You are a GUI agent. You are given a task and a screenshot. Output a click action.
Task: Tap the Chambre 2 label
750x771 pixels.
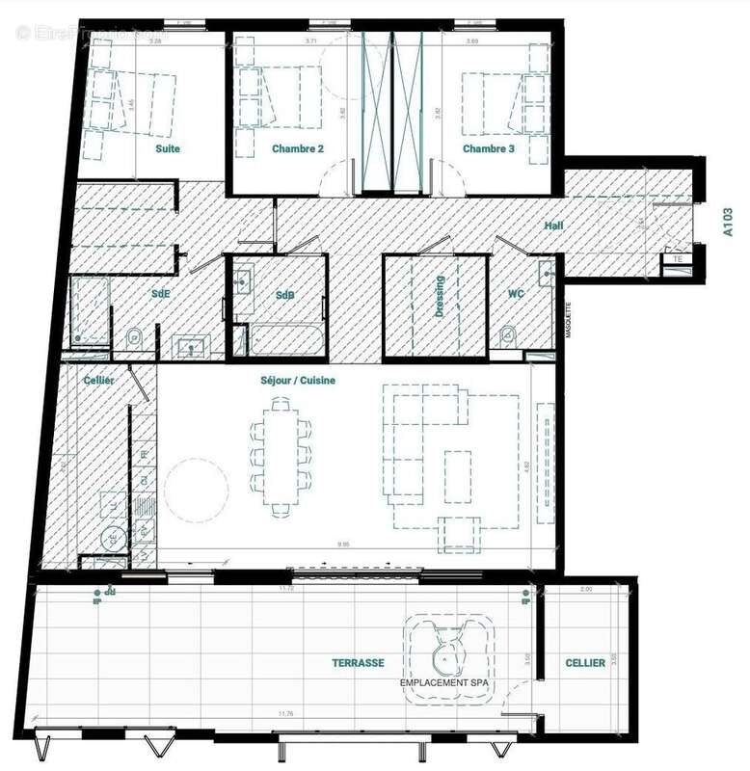(297, 149)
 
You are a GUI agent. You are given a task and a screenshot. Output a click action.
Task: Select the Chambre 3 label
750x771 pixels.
(489, 149)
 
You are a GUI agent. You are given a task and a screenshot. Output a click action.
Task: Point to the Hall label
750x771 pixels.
(553, 225)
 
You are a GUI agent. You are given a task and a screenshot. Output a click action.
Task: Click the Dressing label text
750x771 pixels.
(440, 298)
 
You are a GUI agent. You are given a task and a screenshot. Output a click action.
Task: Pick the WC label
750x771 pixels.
(516, 293)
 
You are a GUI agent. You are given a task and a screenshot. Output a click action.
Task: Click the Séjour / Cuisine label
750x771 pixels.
(298, 381)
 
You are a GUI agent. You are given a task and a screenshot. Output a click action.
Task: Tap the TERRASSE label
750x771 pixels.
(359, 663)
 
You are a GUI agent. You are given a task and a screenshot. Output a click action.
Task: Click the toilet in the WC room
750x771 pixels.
(507, 334)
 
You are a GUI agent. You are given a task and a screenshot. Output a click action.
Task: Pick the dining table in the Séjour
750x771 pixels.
(281, 458)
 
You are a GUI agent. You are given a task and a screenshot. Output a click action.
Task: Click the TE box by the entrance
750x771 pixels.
(677, 259)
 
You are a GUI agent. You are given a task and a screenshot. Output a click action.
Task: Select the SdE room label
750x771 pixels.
(161, 293)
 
